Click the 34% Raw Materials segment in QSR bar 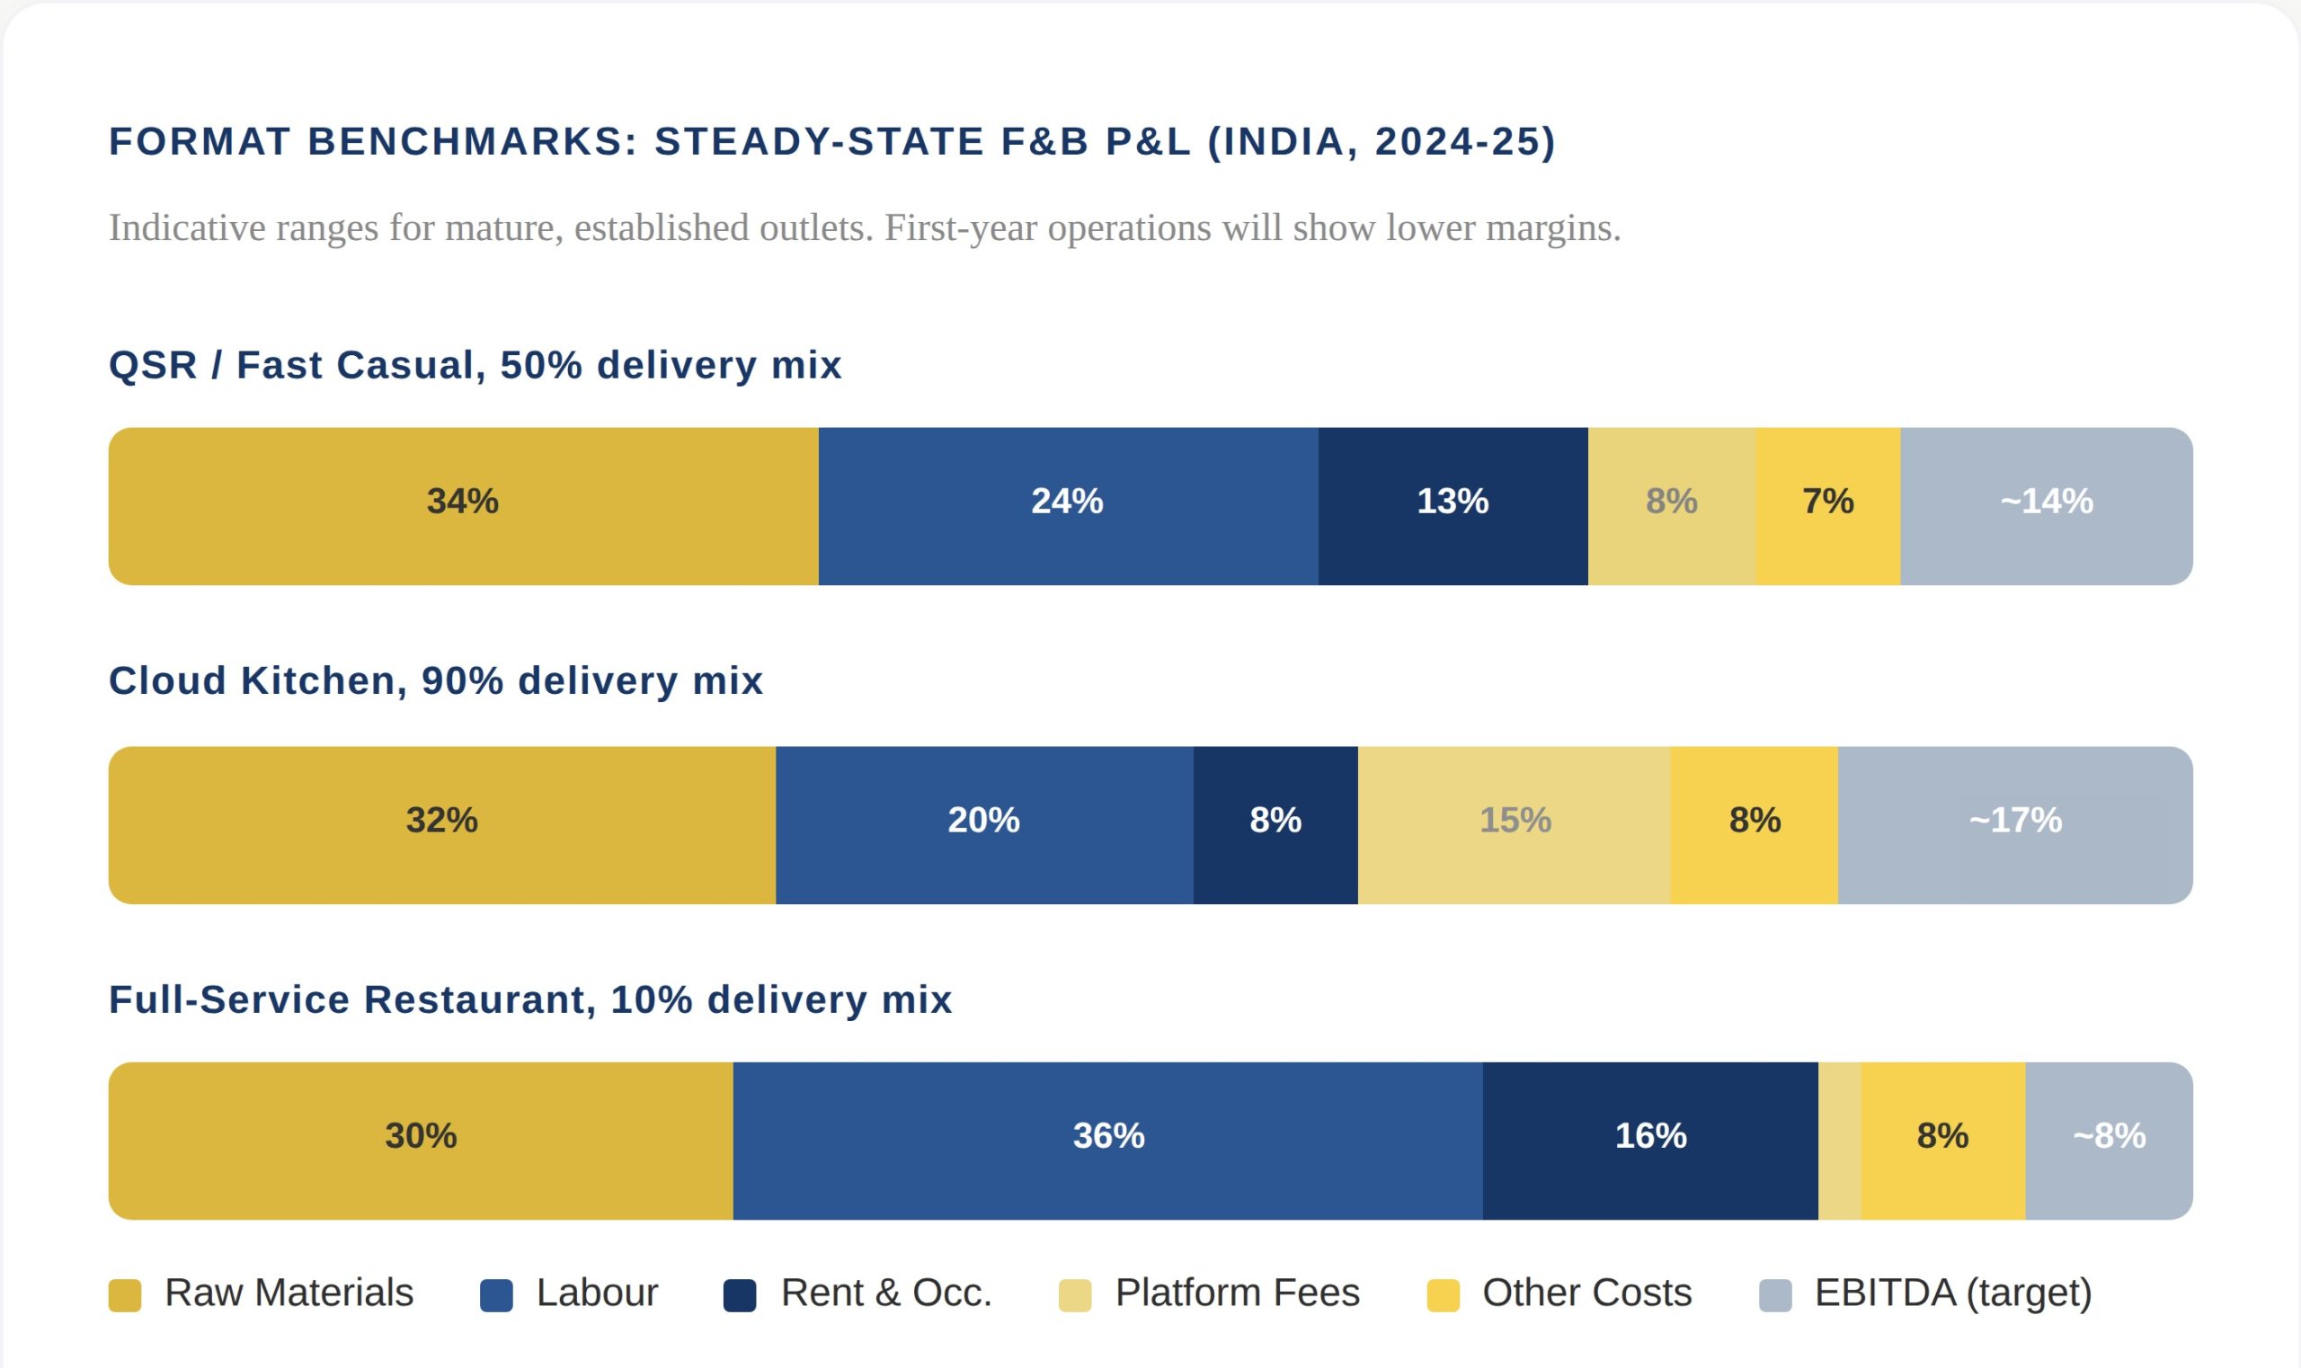click(463, 505)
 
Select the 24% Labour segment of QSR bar click(1068, 505)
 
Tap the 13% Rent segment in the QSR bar click(1452, 505)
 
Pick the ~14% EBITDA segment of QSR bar click(2046, 505)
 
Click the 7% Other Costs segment click(1827, 505)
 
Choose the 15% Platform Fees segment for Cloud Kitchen click(1514, 824)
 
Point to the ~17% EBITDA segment click(2014, 824)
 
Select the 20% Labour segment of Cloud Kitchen click(983, 824)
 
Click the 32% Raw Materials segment click(441, 824)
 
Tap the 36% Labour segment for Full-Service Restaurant click(1107, 1141)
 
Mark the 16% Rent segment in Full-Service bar click(1649, 1141)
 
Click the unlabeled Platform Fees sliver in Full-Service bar click(1839, 1141)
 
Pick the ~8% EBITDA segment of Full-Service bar click(2109, 1141)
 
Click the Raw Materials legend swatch click(124, 1294)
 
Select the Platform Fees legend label click(1237, 1292)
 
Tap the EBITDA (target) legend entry click(1952, 1292)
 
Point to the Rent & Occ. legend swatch click(740, 1294)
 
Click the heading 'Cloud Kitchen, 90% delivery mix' click(436, 680)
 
